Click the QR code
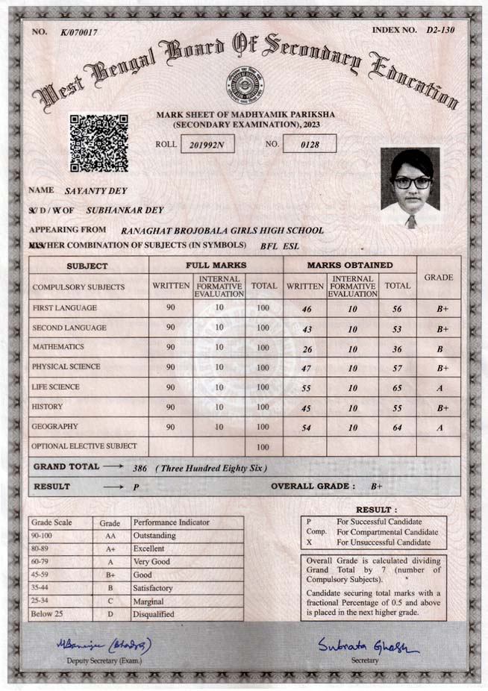click(x=98, y=143)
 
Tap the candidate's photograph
click(x=410, y=187)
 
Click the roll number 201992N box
click(x=207, y=144)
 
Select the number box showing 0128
click(x=309, y=144)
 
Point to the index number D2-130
click(x=440, y=31)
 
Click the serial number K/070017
click(x=80, y=33)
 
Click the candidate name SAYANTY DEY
click(x=97, y=191)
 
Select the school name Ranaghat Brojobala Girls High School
click(x=222, y=231)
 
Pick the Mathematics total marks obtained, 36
click(x=396, y=348)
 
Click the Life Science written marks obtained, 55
click(x=305, y=388)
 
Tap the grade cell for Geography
click(x=439, y=428)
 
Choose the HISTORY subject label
click(x=47, y=407)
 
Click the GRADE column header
click(x=439, y=278)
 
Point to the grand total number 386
click(x=140, y=468)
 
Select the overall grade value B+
click(x=377, y=487)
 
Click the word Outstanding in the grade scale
click(x=154, y=536)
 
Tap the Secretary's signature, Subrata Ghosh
click(x=365, y=644)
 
